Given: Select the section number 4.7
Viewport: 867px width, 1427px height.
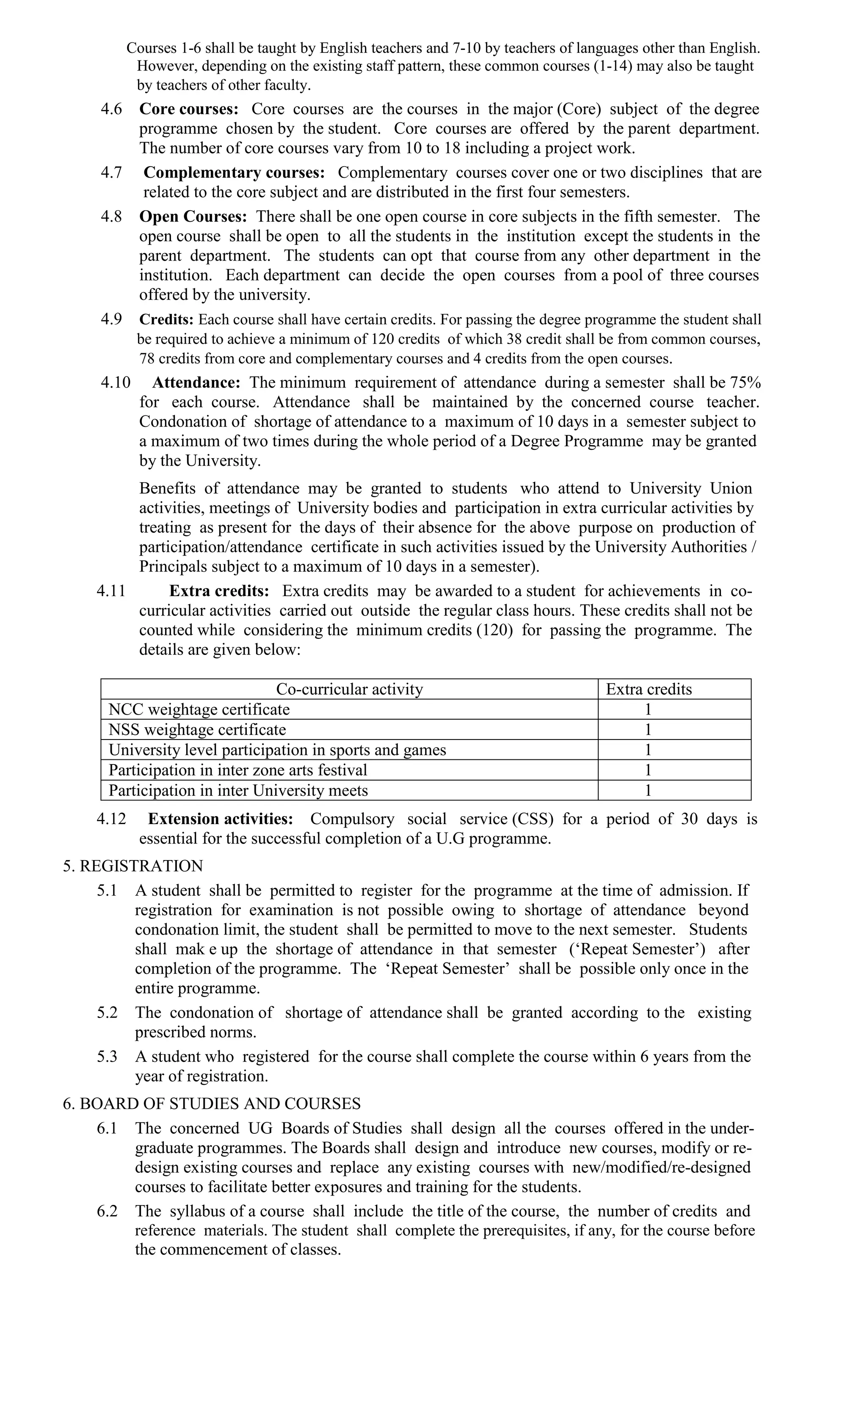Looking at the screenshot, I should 111,173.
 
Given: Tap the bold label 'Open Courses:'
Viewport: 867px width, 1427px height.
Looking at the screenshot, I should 193,217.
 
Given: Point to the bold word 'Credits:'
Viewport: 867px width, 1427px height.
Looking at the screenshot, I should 166,320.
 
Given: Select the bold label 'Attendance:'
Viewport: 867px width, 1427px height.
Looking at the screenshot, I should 196,383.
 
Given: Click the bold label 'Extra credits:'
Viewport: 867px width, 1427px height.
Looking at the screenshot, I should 219,591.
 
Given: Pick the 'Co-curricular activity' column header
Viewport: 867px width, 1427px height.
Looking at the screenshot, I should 349,689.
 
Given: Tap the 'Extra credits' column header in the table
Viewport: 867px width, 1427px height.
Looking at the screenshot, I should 649,689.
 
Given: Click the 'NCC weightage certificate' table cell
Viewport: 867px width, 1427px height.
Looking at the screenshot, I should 199,709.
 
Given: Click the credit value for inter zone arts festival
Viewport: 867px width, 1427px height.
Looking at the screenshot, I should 648,770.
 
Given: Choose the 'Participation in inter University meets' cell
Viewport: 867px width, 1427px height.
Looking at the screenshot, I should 238,791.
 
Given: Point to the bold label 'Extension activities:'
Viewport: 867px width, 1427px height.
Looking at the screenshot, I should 220,819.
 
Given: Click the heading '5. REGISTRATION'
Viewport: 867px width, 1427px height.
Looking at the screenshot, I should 133,866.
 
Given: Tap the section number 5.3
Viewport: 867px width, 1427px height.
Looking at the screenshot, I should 107,1056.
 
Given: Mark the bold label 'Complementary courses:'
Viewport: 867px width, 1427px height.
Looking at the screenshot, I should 234,173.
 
